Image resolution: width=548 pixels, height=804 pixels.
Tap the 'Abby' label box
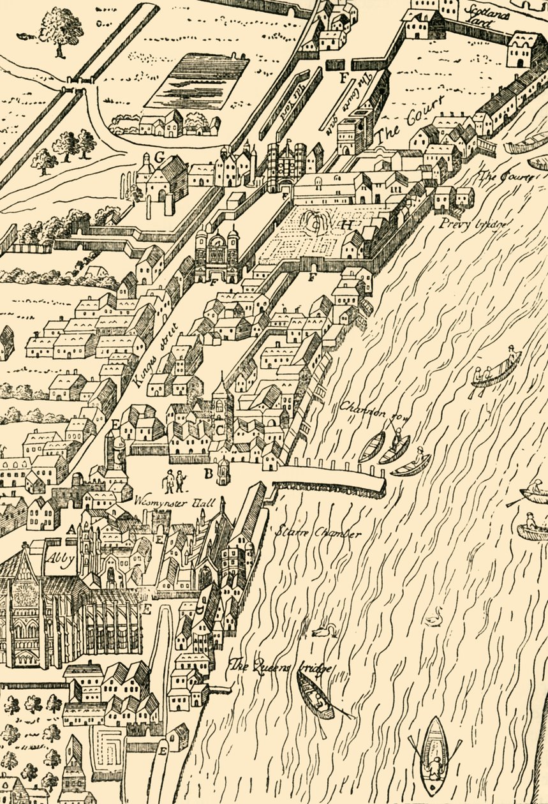coord(59,560)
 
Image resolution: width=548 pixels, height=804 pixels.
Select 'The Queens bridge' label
coord(281,666)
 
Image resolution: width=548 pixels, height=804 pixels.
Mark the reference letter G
coord(159,156)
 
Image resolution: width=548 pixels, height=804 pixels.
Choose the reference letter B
coord(207,473)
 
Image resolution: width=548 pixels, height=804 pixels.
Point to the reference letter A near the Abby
coord(71,529)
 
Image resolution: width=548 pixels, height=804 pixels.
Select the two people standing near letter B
coord(173,480)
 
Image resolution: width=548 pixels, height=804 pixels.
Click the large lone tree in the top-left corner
coord(61,29)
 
